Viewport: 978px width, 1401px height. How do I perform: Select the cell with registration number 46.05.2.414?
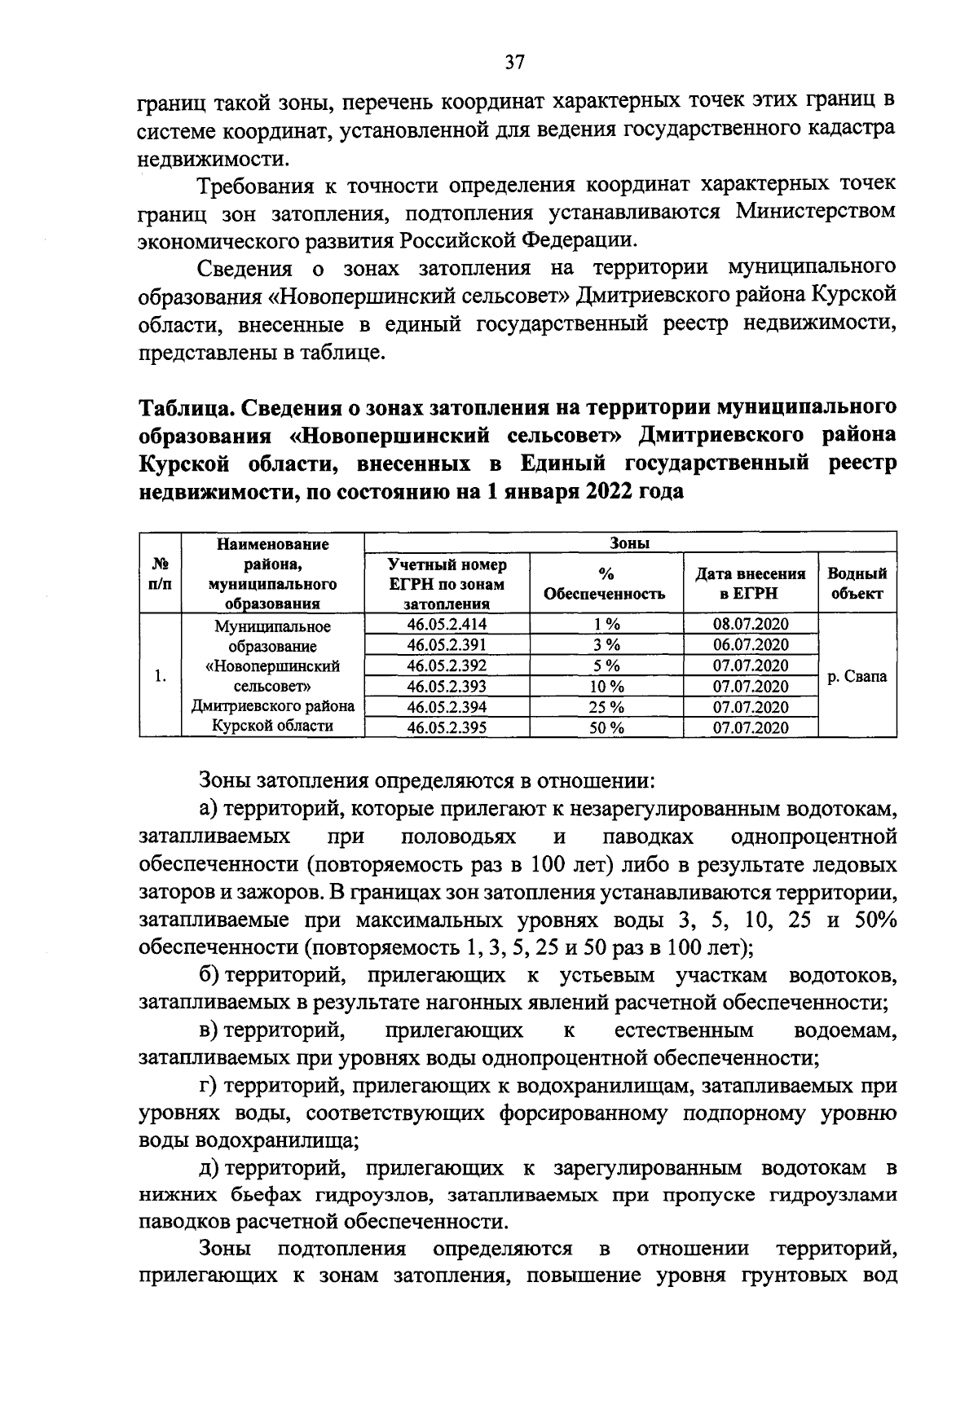446,625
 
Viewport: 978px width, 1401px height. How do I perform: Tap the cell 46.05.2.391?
446,645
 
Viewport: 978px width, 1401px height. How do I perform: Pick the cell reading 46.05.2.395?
446,727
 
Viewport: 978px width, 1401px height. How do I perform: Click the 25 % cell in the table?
606,707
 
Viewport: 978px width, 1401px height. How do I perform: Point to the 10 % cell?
606,687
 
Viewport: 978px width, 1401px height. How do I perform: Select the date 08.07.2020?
750,625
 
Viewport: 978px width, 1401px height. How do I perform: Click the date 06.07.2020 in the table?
750,645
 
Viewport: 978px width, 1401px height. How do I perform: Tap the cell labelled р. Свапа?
857,676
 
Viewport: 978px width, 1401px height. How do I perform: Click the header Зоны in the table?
630,543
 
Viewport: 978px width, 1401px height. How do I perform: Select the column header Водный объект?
857,583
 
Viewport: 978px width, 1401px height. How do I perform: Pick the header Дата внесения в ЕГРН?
750,583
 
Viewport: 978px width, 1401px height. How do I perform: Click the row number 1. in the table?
161,676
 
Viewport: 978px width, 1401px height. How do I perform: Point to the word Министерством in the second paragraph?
815,213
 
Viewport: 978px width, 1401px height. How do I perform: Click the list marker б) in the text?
209,975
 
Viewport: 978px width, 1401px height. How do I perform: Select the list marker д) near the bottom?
209,1168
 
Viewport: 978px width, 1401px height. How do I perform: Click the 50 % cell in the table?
606,727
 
